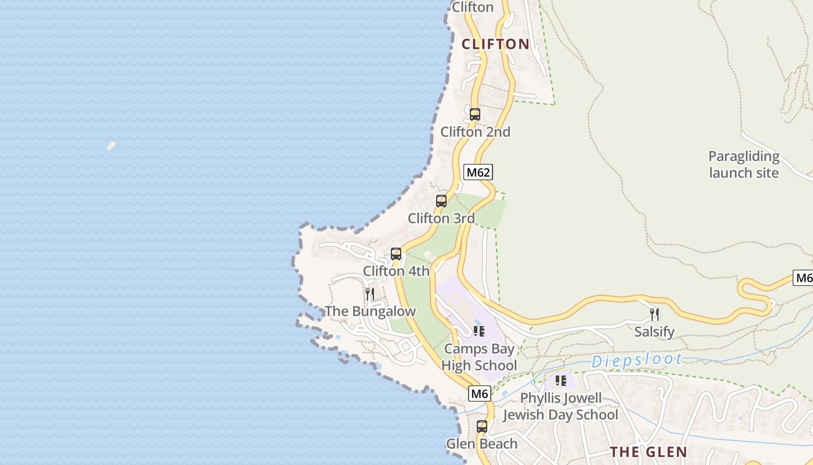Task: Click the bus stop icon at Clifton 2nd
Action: point(475,115)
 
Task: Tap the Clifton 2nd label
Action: point(475,132)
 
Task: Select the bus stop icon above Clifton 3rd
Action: point(441,201)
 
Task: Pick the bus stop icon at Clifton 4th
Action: point(396,254)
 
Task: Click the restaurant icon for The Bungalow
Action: point(369,294)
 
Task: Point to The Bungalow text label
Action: point(370,312)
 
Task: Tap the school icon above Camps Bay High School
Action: point(479,331)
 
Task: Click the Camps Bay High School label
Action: point(479,357)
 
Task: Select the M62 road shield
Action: point(479,172)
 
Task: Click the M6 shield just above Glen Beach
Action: point(480,394)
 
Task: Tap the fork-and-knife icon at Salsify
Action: point(654,314)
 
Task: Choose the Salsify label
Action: point(654,332)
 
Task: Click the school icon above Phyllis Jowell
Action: point(560,381)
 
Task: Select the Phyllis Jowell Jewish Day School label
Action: point(560,406)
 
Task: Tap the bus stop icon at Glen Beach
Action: point(482,427)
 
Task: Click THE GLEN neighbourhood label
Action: point(649,452)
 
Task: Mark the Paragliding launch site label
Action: point(744,164)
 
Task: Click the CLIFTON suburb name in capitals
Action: point(495,44)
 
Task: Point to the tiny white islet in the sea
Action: point(111,145)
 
